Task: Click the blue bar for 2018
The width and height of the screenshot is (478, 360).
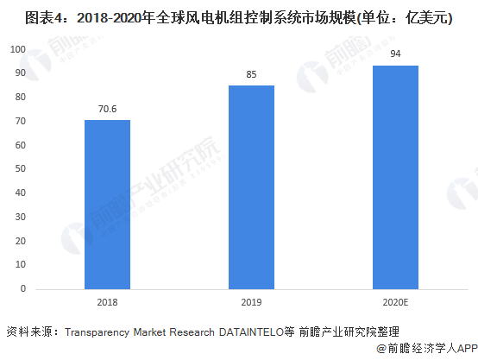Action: (x=107, y=205)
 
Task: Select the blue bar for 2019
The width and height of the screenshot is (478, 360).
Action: (x=251, y=187)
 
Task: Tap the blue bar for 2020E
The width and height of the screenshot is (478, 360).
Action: (x=395, y=177)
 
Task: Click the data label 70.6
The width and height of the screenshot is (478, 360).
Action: (x=107, y=109)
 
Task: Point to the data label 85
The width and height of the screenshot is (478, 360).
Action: (x=251, y=74)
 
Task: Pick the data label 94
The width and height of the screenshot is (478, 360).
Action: (x=395, y=54)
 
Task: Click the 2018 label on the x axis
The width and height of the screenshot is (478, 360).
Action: (x=107, y=302)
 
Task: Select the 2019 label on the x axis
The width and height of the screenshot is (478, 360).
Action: (x=251, y=302)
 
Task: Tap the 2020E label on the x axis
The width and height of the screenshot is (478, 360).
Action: (x=395, y=302)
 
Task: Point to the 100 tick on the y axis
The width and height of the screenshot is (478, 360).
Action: (x=18, y=49)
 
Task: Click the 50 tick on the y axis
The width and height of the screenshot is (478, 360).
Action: (x=21, y=168)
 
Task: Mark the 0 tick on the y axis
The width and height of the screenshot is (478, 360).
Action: (x=23, y=288)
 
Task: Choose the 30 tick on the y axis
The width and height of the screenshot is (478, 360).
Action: (x=21, y=217)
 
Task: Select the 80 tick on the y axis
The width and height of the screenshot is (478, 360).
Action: (x=21, y=97)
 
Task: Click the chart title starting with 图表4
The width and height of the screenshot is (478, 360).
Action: (x=238, y=17)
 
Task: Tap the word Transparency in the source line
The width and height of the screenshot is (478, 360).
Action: (x=97, y=332)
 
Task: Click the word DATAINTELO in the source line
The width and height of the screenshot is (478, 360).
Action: (x=251, y=332)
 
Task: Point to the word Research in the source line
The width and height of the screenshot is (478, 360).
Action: (x=192, y=332)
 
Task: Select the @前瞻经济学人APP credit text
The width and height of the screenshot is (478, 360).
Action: (x=427, y=349)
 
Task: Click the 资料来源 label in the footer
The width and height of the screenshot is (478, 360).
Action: (x=29, y=332)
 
